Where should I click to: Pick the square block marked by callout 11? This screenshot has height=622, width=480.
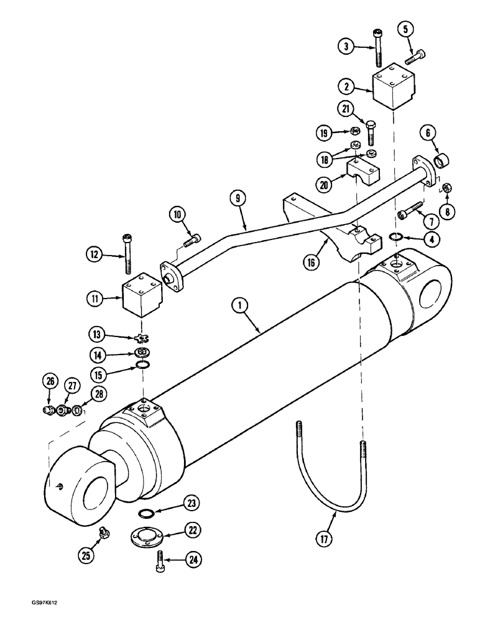(x=142, y=297)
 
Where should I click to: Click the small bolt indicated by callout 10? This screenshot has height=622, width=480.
(x=193, y=239)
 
